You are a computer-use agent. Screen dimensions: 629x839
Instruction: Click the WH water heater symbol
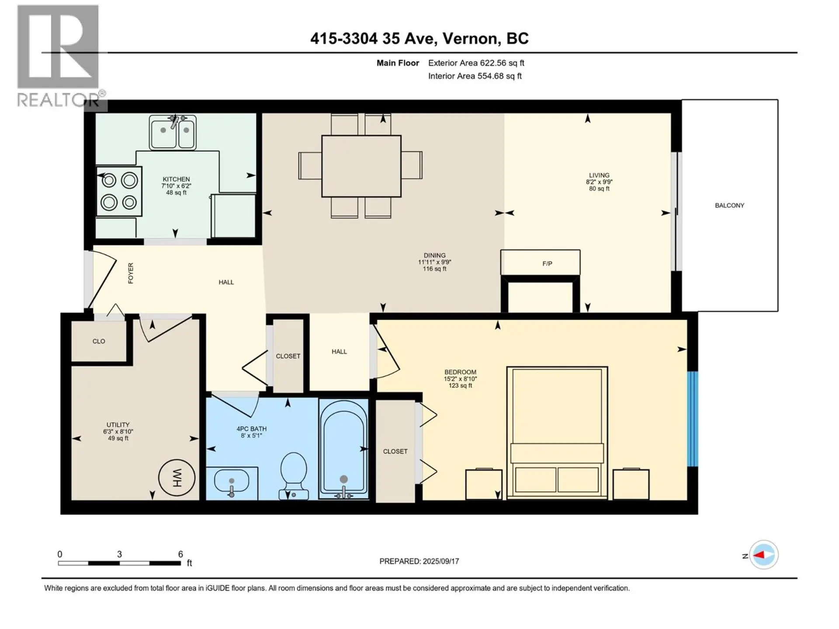177,477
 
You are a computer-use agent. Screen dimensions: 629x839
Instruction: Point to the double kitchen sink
173,132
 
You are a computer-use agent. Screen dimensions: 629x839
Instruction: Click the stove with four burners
119,191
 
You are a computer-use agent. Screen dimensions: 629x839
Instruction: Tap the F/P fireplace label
547,263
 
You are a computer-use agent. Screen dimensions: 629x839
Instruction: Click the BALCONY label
729,205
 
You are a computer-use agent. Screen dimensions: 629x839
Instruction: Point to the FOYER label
131,273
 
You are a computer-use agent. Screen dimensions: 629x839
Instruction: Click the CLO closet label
99,341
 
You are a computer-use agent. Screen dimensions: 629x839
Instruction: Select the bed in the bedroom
557,432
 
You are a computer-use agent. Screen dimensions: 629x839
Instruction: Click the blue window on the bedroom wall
692,418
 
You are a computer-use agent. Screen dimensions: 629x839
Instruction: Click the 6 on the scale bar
180,554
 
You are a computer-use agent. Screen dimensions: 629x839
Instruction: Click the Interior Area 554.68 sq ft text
475,76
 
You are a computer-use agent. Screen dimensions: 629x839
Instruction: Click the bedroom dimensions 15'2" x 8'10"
460,379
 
